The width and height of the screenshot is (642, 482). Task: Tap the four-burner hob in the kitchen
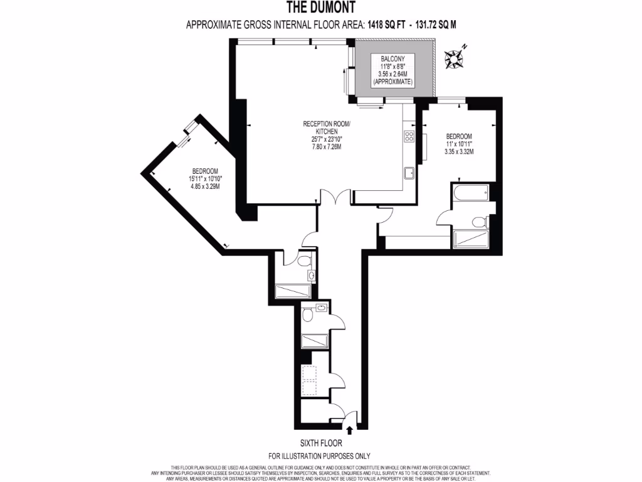[409, 136]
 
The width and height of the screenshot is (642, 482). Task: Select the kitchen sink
[408, 173]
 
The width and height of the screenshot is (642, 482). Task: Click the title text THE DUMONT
[320, 8]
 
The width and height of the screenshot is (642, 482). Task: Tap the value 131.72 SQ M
[442, 25]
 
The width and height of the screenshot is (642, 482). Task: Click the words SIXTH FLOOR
[320, 442]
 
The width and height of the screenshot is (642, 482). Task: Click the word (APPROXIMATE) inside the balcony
[392, 82]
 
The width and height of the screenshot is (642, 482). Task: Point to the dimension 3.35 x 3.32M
[458, 151]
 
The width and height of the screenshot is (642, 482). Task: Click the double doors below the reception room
[336, 197]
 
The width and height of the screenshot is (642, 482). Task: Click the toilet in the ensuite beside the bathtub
[480, 221]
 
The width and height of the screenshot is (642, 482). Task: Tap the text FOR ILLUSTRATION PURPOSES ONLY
[320, 456]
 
